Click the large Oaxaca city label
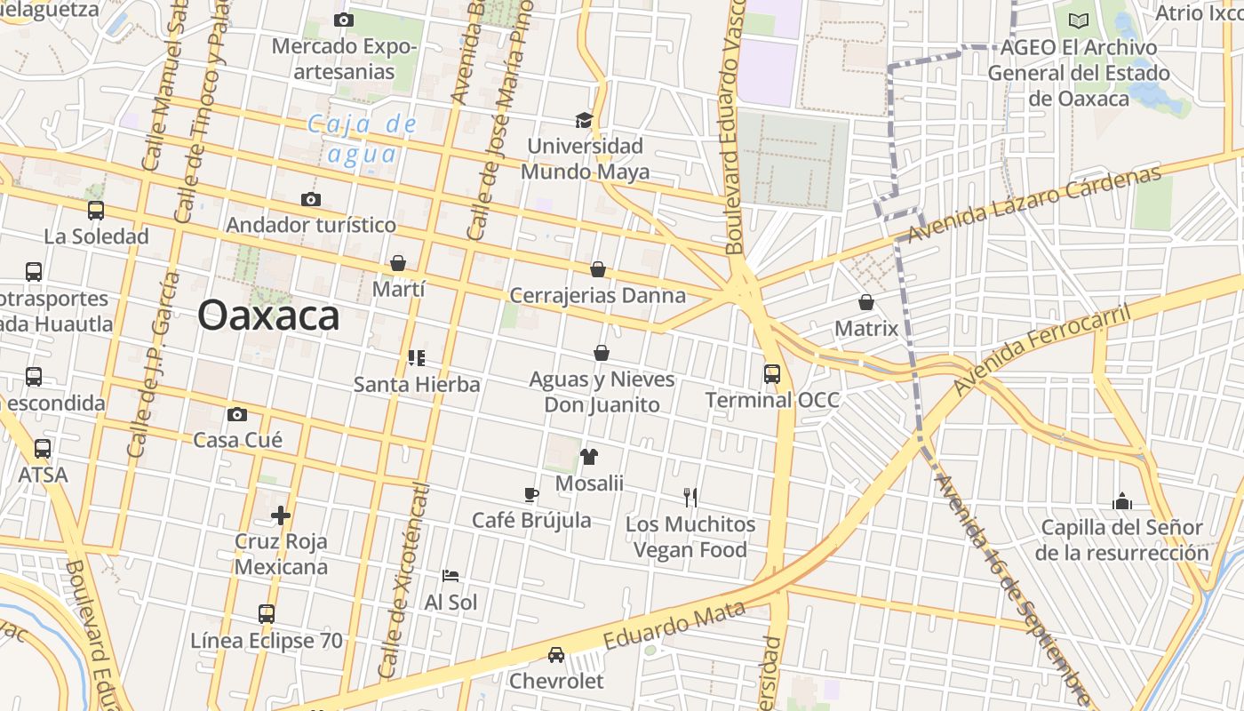click(x=268, y=316)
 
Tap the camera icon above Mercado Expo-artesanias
click(x=344, y=20)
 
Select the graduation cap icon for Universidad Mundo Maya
click(x=584, y=120)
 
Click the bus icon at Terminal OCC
click(x=772, y=374)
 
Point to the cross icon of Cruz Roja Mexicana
click(x=281, y=515)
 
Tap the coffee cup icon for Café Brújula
click(x=531, y=495)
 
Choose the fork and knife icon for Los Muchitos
click(x=690, y=498)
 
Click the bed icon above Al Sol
click(x=451, y=576)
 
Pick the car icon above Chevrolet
click(x=556, y=655)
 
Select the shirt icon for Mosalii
click(x=589, y=457)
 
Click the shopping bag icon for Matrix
click(x=866, y=302)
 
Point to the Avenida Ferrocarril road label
click(x=1041, y=350)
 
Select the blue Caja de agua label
click(x=363, y=139)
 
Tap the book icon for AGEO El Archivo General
click(x=1079, y=20)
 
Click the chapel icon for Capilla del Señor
click(x=1122, y=501)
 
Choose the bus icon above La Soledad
click(x=96, y=211)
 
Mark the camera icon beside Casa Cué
click(x=237, y=414)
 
